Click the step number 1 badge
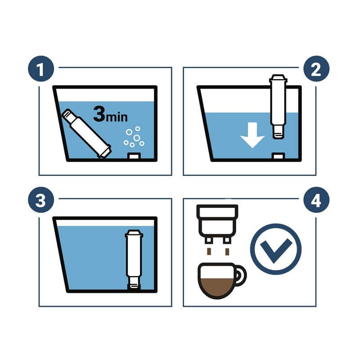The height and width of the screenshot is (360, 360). point(41,69)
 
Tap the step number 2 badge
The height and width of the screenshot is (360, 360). point(316,69)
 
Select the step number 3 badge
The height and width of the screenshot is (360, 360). point(41,200)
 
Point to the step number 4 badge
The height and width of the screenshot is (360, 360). point(316,200)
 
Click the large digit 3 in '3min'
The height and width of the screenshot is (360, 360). point(99,114)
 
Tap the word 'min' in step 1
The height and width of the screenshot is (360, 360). point(117,117)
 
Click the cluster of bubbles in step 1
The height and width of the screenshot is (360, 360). point(134,137)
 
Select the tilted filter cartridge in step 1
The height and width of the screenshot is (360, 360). point(87,133)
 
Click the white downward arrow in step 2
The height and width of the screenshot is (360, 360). point(252,135)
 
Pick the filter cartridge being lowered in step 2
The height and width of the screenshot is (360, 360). point(278,107)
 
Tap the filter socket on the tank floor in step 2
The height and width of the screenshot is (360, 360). point(278,156)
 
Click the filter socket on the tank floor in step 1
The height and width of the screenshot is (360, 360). point(134,156)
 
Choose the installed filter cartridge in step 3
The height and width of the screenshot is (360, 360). point(134,260)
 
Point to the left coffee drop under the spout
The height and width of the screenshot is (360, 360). point(209,252)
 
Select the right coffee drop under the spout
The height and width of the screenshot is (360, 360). point(227,252)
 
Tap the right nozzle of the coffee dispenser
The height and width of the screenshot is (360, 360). point(227,240)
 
